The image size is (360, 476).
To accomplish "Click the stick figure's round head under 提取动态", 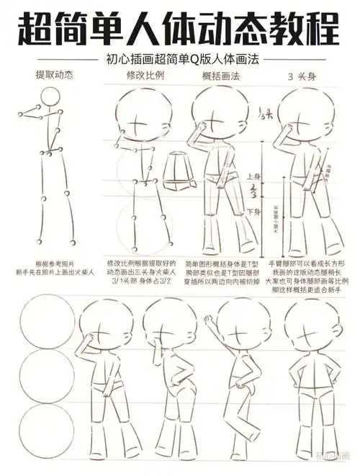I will click(50, 97).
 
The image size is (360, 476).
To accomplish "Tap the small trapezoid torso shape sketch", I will click(177, 169).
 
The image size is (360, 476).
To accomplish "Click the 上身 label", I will click(253, 176).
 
